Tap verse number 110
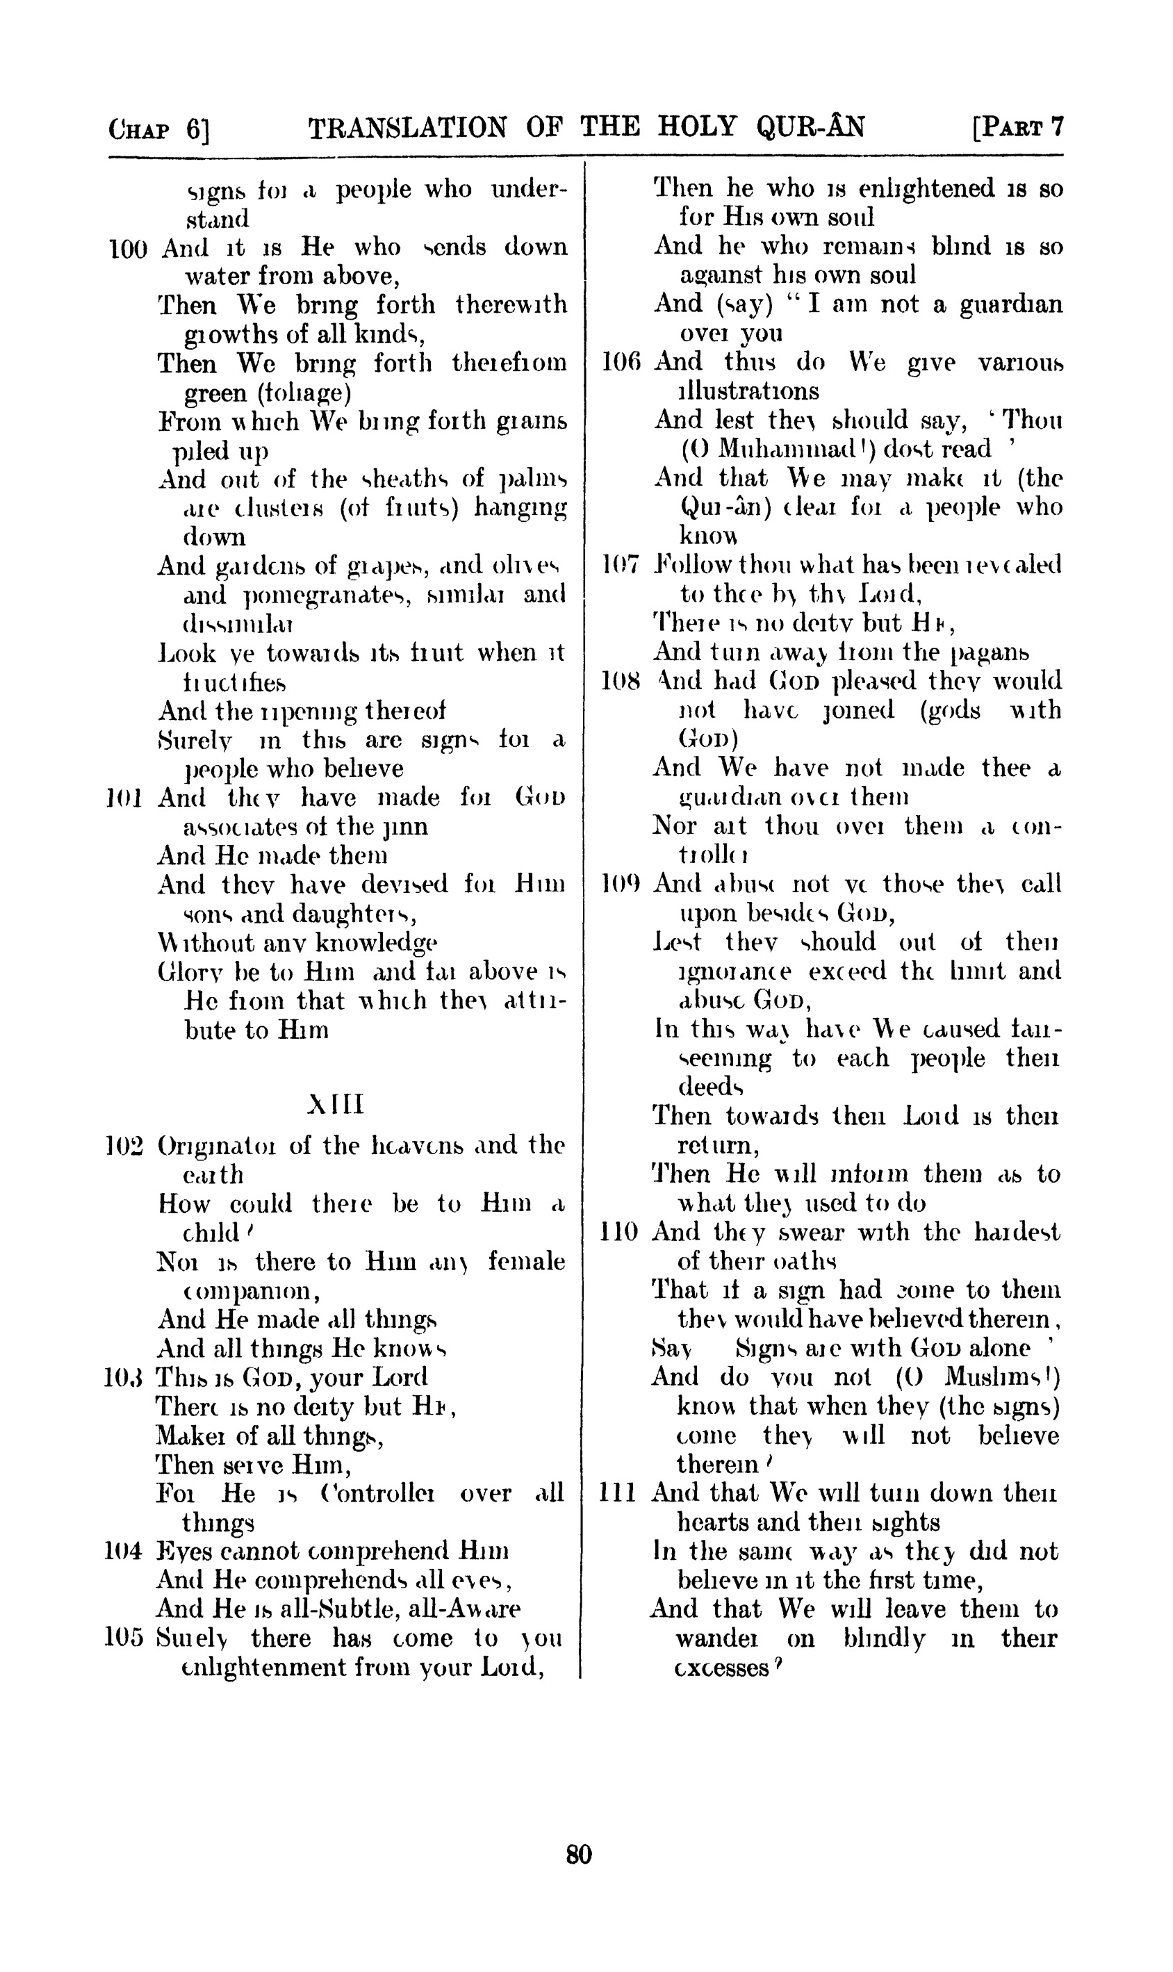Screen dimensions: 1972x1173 621,1232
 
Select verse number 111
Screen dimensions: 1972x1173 618,1493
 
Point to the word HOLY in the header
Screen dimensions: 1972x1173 697,126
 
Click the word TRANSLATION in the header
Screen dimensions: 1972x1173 407,128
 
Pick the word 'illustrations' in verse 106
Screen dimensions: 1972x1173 748,391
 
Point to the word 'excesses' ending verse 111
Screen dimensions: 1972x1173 722,1668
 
